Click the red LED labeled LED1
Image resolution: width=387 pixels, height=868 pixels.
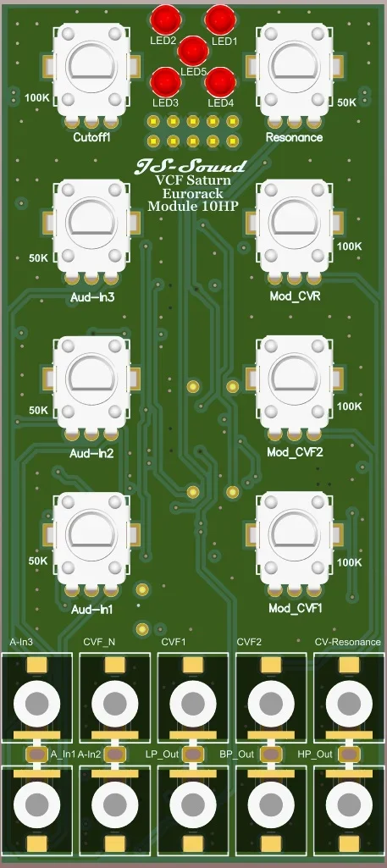[x=220, y=18]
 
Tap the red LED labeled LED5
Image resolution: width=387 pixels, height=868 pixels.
[x=193, y=50]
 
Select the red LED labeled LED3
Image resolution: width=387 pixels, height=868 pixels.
[x=164, y=81]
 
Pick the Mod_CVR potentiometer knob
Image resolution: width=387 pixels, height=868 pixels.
[x=294, y=222]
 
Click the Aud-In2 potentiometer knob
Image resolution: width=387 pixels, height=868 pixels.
[x=91, y=379]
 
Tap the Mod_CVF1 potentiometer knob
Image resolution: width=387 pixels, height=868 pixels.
[x=294, y=534]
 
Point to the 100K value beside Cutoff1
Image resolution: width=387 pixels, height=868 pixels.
[x=36, y=97]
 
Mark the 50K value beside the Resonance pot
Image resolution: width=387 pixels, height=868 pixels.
[x=347, y=102]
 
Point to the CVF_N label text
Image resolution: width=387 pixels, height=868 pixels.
[x=99, y=643]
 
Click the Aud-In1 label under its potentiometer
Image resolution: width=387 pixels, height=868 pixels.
[x=92, y=609]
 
